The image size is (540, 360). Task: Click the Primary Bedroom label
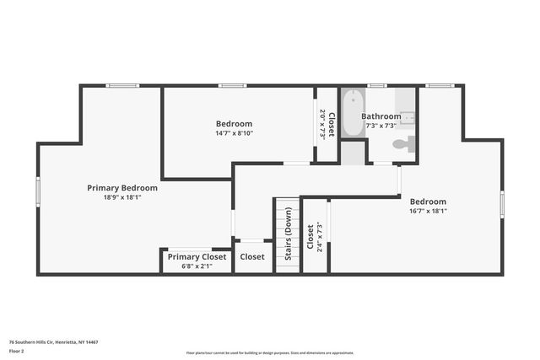pyautogui.click(x=122, y=188)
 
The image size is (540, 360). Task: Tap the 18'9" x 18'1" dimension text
pyautogui.click(x=122, y=197)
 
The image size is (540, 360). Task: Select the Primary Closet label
pyautogui.click(x=197, y=257)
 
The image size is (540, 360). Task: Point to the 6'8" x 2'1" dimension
pyautogui.click(x=197, y=266)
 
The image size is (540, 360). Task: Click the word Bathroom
pyautogui.click(x=381, y=116)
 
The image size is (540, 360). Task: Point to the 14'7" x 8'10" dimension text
pyautogui.click(x=235, y=133)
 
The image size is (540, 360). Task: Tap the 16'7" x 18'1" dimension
pyautogui.click(x=429, y=211)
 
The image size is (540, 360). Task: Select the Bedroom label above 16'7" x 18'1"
pyautogui.click(x=429, y=201)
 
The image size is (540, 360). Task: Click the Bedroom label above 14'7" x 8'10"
pyautogui.click(x=235, y=124)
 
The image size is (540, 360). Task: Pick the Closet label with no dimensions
pyautogui.click(x=252, y=257)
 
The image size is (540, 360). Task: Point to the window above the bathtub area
pyautogui.click(x=376, y=85)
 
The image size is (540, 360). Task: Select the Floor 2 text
pyautogui.click(x=18, y=351)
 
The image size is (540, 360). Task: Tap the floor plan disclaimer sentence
pyautogui.click(x=270, y=352)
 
